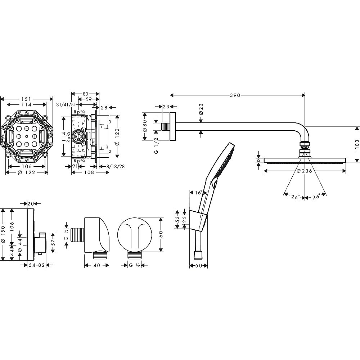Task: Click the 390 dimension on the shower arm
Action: point(235,95)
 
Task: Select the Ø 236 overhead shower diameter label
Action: point(304,171)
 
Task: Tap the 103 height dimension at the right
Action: point(357,144)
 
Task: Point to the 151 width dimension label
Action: point(26,99)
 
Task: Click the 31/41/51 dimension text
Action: point(66,105)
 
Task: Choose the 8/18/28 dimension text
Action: point(115,166)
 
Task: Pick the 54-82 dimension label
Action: point(37,265)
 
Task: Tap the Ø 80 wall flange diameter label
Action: point(145,126)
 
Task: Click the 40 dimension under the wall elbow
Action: point(97,265)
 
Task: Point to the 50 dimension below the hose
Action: point(199,266)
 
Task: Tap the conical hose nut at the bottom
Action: point(197,255)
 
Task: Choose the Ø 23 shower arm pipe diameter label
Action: point(201,109)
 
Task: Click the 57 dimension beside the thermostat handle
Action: point(53,243)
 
